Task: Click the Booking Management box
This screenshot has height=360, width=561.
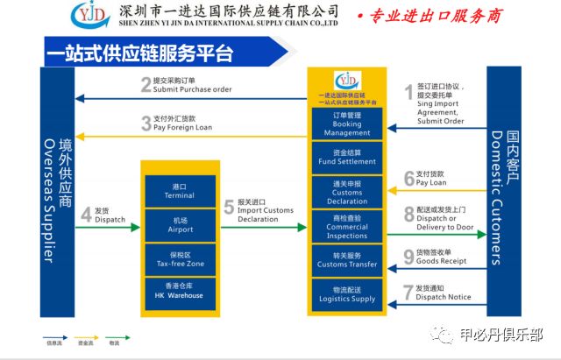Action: coord(347,124)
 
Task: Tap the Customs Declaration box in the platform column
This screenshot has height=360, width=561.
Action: coord(347,193)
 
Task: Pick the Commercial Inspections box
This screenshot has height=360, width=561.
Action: coord(347,226)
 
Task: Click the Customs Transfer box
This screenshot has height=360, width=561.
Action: coord(347,260)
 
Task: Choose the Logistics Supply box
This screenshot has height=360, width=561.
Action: coord(347,294)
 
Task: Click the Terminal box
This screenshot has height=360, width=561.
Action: coord(179,191)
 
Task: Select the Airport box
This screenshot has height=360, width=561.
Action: coord(179,224)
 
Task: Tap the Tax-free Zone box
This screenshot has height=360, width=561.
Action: coord(179,258)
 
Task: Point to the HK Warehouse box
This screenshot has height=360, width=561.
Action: coord(179,291)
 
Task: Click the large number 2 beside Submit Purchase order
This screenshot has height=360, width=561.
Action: coord(146,85)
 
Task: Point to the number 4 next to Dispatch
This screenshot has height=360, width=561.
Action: coord(86,215)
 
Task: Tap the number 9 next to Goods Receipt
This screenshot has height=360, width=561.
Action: coord(408,257)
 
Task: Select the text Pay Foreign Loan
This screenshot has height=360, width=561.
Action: coord(183,127)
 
